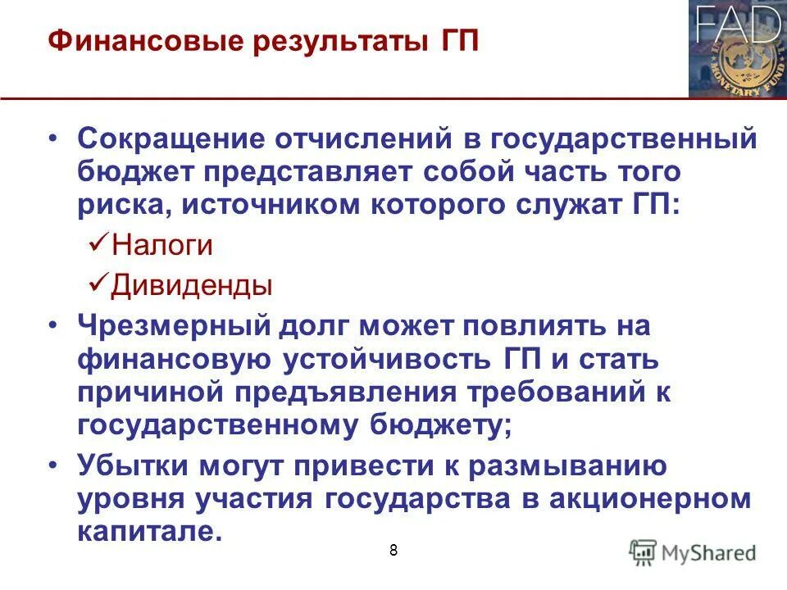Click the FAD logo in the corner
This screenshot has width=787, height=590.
click(737, 49)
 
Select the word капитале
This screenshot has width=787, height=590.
click(149, 530)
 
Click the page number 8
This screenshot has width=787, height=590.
click(393, 550)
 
